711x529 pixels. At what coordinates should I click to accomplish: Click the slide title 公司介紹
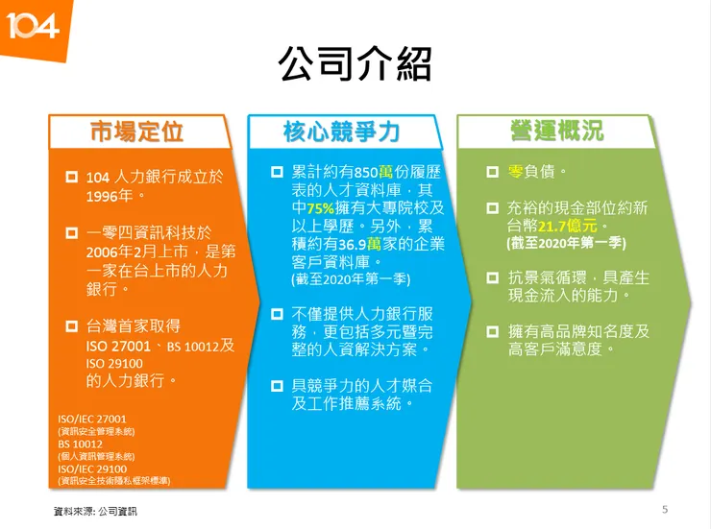pyautogui.click(x=355, y=64)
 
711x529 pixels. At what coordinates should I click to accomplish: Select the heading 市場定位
pyautogui.click(x=136, y=132)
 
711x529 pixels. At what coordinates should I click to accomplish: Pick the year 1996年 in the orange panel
pyautogui.click(x=110, y=195)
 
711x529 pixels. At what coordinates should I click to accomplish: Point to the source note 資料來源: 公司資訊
pyautogui.click(x=95, y=512)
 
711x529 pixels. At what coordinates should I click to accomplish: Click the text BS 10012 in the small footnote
pyautogui.click(x=80, y=445)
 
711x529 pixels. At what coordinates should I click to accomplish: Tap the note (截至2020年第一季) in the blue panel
pyautogui.click(x=350, y=279)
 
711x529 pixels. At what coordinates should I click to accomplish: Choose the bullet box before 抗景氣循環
pyautogui.click(x=490, y=277)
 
